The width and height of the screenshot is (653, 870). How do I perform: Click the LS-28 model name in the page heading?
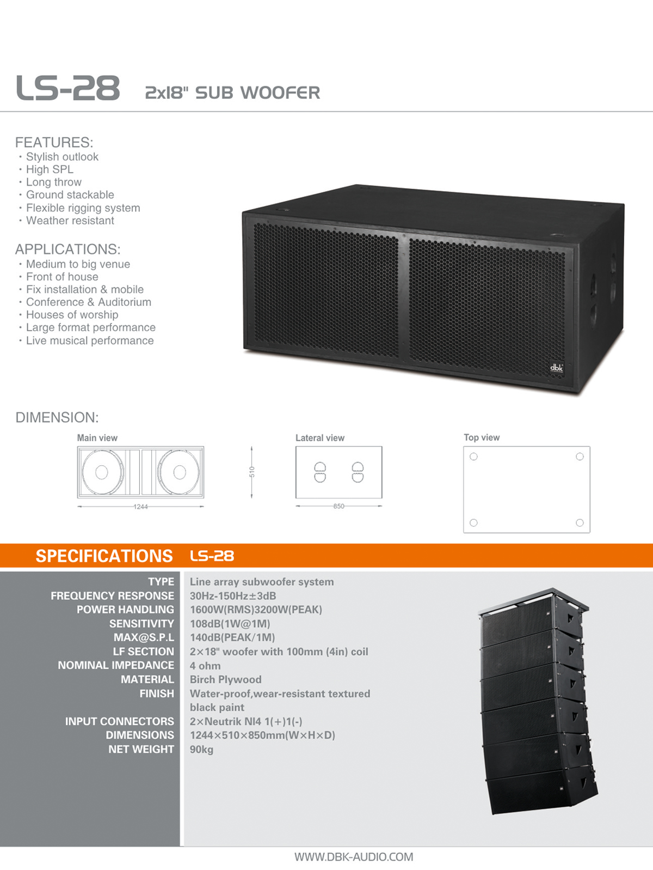tap(67, 88)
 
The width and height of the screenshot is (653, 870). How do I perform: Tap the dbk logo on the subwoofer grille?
tap(556, 368)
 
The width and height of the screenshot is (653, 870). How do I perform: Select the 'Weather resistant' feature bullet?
tap(70, 221)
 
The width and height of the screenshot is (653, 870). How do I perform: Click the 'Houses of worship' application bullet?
tap(72, 315)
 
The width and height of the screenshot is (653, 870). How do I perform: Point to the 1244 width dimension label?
tap(140, 507)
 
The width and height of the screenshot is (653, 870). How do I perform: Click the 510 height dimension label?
tap(252, 472)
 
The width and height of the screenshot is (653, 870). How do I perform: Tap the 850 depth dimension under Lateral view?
tap(339, 506)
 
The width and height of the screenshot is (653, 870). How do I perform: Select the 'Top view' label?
tap(482, 437)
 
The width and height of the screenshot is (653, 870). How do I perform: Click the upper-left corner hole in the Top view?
tap(473, 457)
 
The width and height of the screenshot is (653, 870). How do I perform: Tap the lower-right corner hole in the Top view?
tap(580, 523)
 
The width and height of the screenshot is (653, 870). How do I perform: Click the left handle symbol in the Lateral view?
tap(320, 472)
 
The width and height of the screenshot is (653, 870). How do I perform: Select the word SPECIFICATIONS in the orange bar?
tap(104, 556)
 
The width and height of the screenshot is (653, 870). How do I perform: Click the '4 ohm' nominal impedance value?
tap(205, 666)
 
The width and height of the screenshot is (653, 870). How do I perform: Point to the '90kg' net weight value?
tap(201, 750)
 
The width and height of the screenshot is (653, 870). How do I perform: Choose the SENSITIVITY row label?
tap(141, 624)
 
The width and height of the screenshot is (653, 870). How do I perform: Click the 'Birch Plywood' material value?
tap(226, 679)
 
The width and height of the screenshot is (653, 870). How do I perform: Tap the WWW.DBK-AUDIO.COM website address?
tap(353, 857)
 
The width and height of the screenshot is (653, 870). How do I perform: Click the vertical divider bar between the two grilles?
tap(404, 298)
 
